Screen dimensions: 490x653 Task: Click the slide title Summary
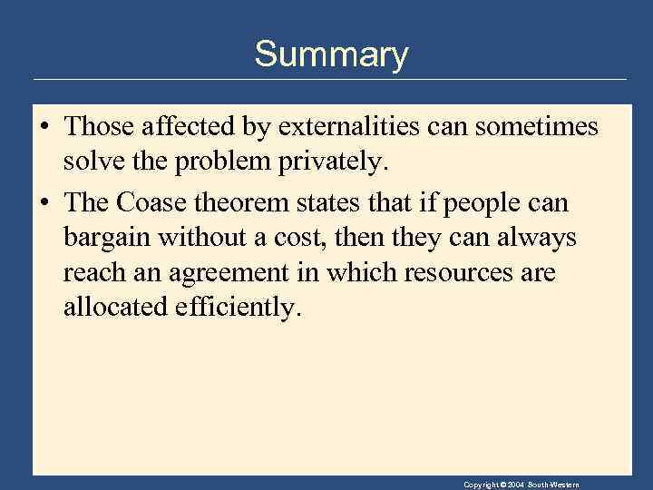(x=331, y=55)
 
